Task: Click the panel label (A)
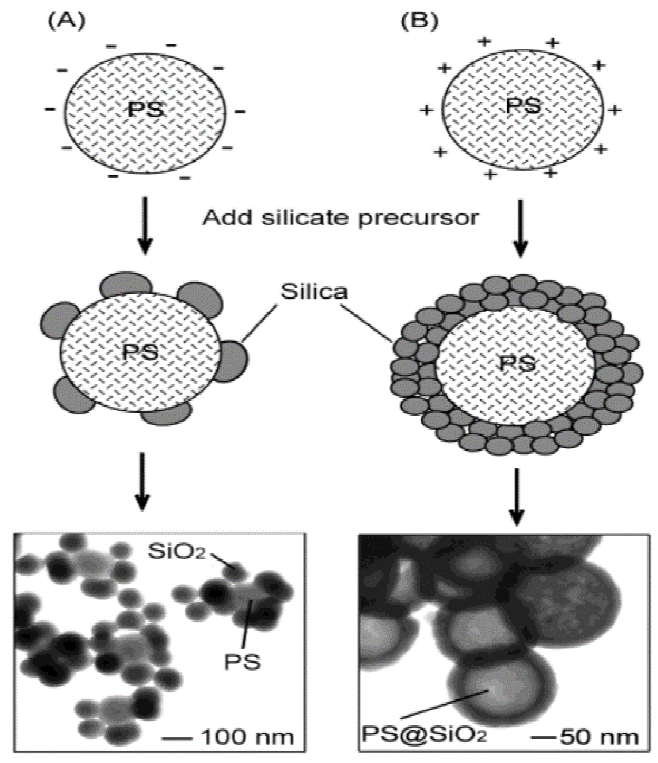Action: [66, 21]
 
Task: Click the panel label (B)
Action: [420, 21]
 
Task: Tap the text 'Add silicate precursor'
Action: [341, 218]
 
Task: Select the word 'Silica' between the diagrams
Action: [314, 292]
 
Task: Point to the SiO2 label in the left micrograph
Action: [176, 551]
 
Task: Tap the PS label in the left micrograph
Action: [242, 662]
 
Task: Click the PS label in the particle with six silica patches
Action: [140, 352]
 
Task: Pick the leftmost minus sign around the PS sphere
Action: [50, 109]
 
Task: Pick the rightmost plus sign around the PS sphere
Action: [614, 110]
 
